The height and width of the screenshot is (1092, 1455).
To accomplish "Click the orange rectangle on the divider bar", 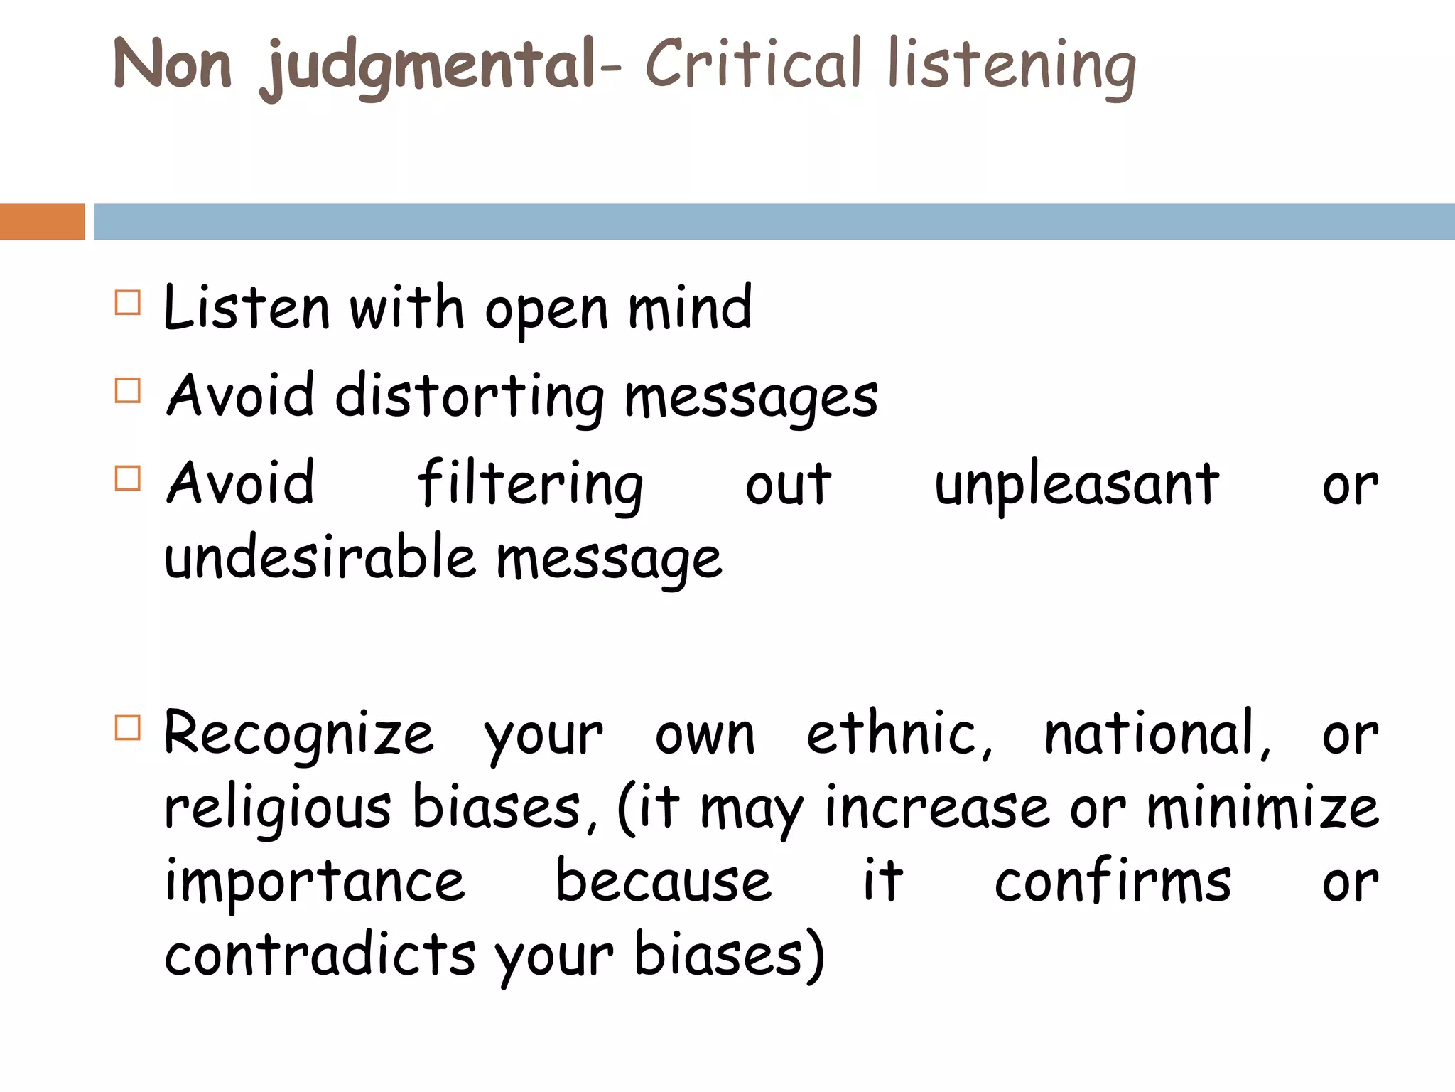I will click(x=42, y=221).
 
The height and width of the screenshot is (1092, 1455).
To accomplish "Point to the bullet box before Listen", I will click(x=128, y=303).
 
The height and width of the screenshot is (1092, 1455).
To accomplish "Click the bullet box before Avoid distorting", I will click(x=128, y=390).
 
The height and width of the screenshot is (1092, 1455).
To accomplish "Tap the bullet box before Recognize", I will click(x=128, y=728).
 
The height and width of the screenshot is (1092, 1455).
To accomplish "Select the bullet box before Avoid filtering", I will click(x=128, y=478).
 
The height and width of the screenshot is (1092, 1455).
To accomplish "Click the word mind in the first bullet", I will click(x=689, y=308).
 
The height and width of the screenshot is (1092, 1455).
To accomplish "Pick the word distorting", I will click(x=469, y=396).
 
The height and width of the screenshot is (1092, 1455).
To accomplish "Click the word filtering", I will click(x=530, y=485).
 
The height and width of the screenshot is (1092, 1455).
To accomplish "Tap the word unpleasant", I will click(x=1076, y=485).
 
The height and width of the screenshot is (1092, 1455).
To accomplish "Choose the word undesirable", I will click(x=320, y=557).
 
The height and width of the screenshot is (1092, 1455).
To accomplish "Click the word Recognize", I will click(x=298, y=734).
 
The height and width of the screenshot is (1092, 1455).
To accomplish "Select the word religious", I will click(x=277, y=808).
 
